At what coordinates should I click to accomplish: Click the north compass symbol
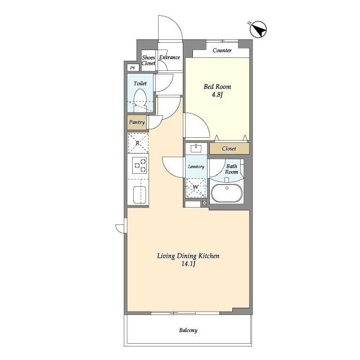click(258, 29)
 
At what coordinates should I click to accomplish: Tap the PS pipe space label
click(133, 68)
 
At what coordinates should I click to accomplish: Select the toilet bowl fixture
click(140, 100)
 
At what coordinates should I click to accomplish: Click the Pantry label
click(137, 122)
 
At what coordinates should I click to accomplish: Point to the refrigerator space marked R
click(138, 143)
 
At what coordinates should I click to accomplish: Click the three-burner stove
click(139, 165)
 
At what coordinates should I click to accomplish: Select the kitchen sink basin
click(139, 195)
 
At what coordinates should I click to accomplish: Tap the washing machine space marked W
click(196, 187)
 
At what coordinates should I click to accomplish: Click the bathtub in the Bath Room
click(227, 193)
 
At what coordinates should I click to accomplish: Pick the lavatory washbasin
click(196, 148)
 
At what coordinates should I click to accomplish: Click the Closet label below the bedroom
click(229, 148)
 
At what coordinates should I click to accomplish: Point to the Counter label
click(222, 51)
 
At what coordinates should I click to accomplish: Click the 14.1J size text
click(188, 264)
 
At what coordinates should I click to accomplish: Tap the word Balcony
click(188, 330)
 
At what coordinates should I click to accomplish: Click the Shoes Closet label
click(148, 60)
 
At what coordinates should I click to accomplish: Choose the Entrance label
click(170, 57)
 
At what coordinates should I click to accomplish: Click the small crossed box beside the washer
click(205, 203)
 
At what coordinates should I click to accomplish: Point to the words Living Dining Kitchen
click(188, 256)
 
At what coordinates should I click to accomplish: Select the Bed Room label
click(218, 87)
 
